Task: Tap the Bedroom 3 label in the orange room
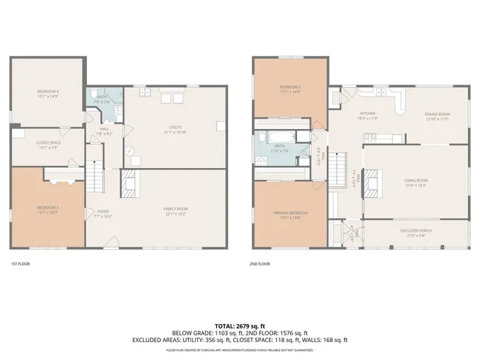click(x=48, y=209)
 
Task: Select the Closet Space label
click(x=48, y=144)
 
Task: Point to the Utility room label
click(x=175, y=130)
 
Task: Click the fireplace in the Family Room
click(x=128, y=184)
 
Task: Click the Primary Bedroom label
click(x=290, y=214)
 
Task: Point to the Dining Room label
click(x=436, y=116)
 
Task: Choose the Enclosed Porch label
click(x=416, y=232)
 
